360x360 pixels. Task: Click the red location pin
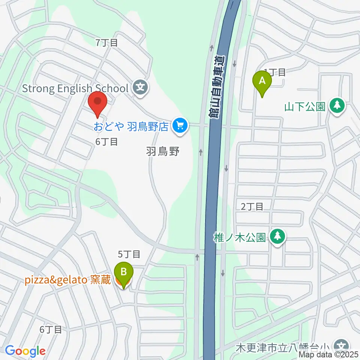coord(97,103)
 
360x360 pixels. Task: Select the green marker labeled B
coord(124,273)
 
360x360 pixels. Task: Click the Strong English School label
coord(75,88)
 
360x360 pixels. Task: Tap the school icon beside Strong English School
coord(141,88)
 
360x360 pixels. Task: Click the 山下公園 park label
coord(304,107)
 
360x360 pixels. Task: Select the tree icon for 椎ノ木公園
coord(277,237)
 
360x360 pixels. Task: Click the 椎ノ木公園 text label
coord(240,237)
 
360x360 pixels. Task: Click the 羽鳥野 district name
coord(163,151)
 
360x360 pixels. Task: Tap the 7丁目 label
coord(107,43)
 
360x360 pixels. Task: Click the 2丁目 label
coord(252,206)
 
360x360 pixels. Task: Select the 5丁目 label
coord(129,255)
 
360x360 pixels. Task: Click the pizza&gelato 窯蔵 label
coord(68,280)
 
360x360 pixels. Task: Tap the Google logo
coord(25,351)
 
